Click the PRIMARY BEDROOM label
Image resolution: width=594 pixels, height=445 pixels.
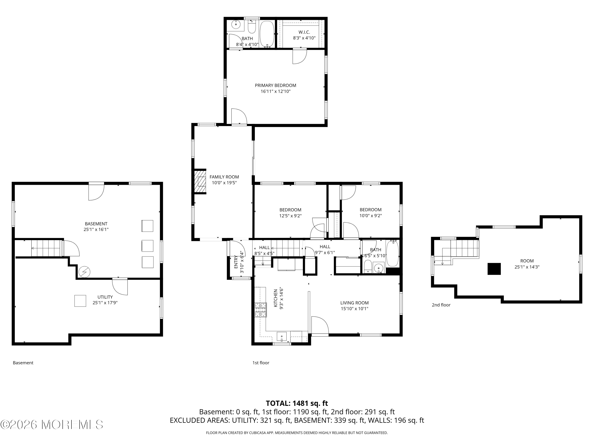tap(276, 85)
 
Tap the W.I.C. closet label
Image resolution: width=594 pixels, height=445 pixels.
tap(304, 32)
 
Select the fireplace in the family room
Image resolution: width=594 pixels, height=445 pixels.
tap(200, 181)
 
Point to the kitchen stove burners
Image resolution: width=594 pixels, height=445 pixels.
tap(261, 310)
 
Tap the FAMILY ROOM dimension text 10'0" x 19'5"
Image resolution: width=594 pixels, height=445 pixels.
tap(224, 183)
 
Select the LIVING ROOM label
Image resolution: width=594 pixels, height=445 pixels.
tap(354, 303)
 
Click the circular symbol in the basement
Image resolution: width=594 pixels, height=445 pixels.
tap(85, 272)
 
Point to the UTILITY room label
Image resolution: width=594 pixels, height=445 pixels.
tap(105, 297)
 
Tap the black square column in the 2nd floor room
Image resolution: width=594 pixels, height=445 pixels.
tap(494, 269)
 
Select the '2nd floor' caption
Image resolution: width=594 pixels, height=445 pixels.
tap(441, 305)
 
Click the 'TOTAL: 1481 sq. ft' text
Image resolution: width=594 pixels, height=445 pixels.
tap(297, 403)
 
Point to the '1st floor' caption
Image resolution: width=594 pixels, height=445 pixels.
tap(261, 363)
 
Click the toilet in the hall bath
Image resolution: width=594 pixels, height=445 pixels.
tap(368, 266)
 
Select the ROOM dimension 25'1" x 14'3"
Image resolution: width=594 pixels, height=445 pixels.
tap(527, 267)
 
